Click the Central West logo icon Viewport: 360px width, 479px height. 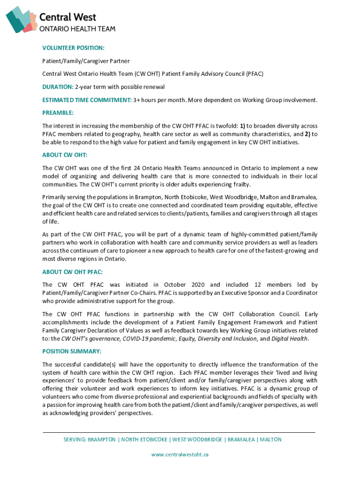click(21, 19)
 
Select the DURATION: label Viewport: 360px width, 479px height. click(58, 87)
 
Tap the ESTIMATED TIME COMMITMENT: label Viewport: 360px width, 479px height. click(86, 100)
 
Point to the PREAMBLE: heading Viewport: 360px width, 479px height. click(58, 113)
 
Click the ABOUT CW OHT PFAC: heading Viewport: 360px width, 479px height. click(72, 272)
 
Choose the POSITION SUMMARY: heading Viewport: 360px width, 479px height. click(72, 351)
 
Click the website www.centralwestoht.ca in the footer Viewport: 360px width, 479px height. click(180, 454)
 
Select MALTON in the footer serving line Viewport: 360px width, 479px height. click(271, 440)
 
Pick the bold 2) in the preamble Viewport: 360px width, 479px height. click(309, 134)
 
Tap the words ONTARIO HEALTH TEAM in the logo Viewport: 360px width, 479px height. click(77, 29)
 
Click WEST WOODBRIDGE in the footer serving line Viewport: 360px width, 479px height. click(197, 440)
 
